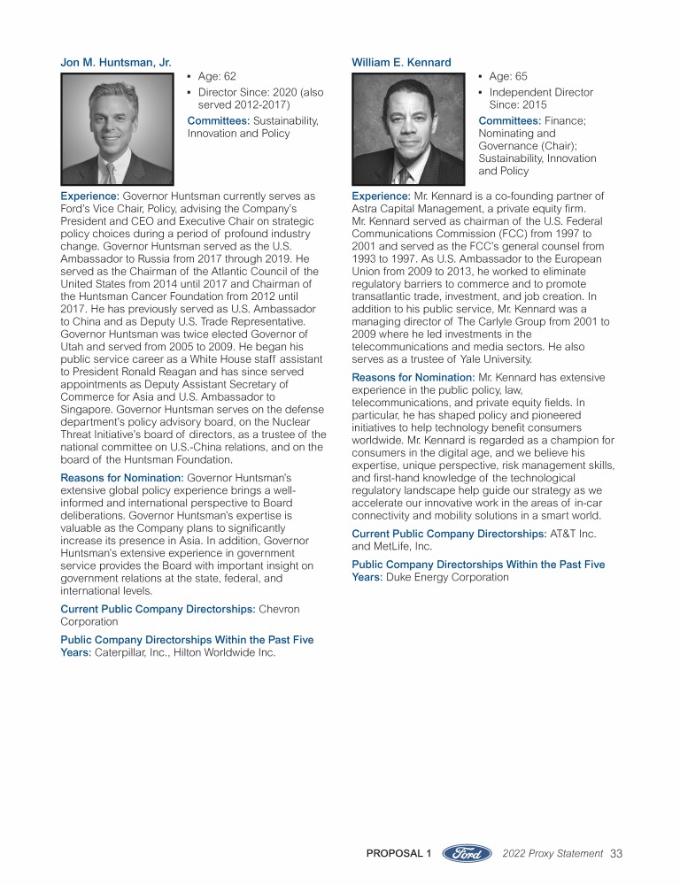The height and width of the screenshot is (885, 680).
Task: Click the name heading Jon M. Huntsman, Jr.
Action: coord(115,62)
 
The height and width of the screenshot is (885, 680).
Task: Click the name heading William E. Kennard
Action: coord(401,62)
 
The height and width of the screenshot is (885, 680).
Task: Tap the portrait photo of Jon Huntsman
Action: coord(117,128)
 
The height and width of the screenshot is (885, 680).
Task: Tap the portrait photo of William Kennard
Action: coord(408,128)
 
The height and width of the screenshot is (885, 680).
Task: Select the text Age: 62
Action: coord(217,77)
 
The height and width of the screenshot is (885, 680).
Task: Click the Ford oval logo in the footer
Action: coord(467,853)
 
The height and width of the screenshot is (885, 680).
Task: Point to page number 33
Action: coord(617,853)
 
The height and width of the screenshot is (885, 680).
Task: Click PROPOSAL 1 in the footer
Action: coord(398,853)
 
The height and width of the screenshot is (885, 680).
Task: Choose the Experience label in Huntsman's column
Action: coord(89,196)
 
